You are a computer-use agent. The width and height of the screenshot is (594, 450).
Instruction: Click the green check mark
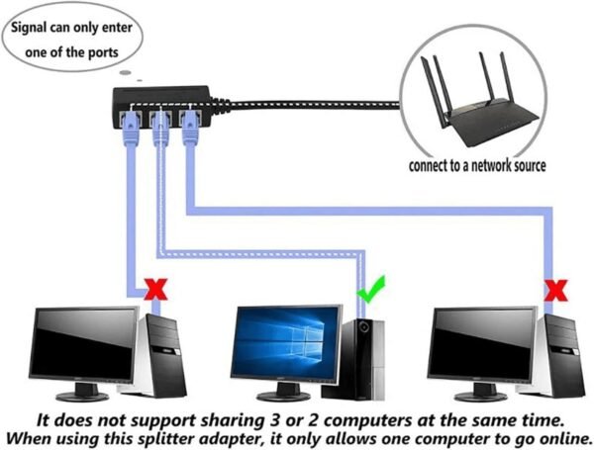(370, 290)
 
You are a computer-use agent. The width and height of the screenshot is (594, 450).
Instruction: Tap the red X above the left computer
(153, 290)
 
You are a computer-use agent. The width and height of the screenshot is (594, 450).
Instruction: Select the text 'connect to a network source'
(476, 165)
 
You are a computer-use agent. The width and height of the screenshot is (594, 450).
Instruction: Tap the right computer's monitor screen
(484, 342)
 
